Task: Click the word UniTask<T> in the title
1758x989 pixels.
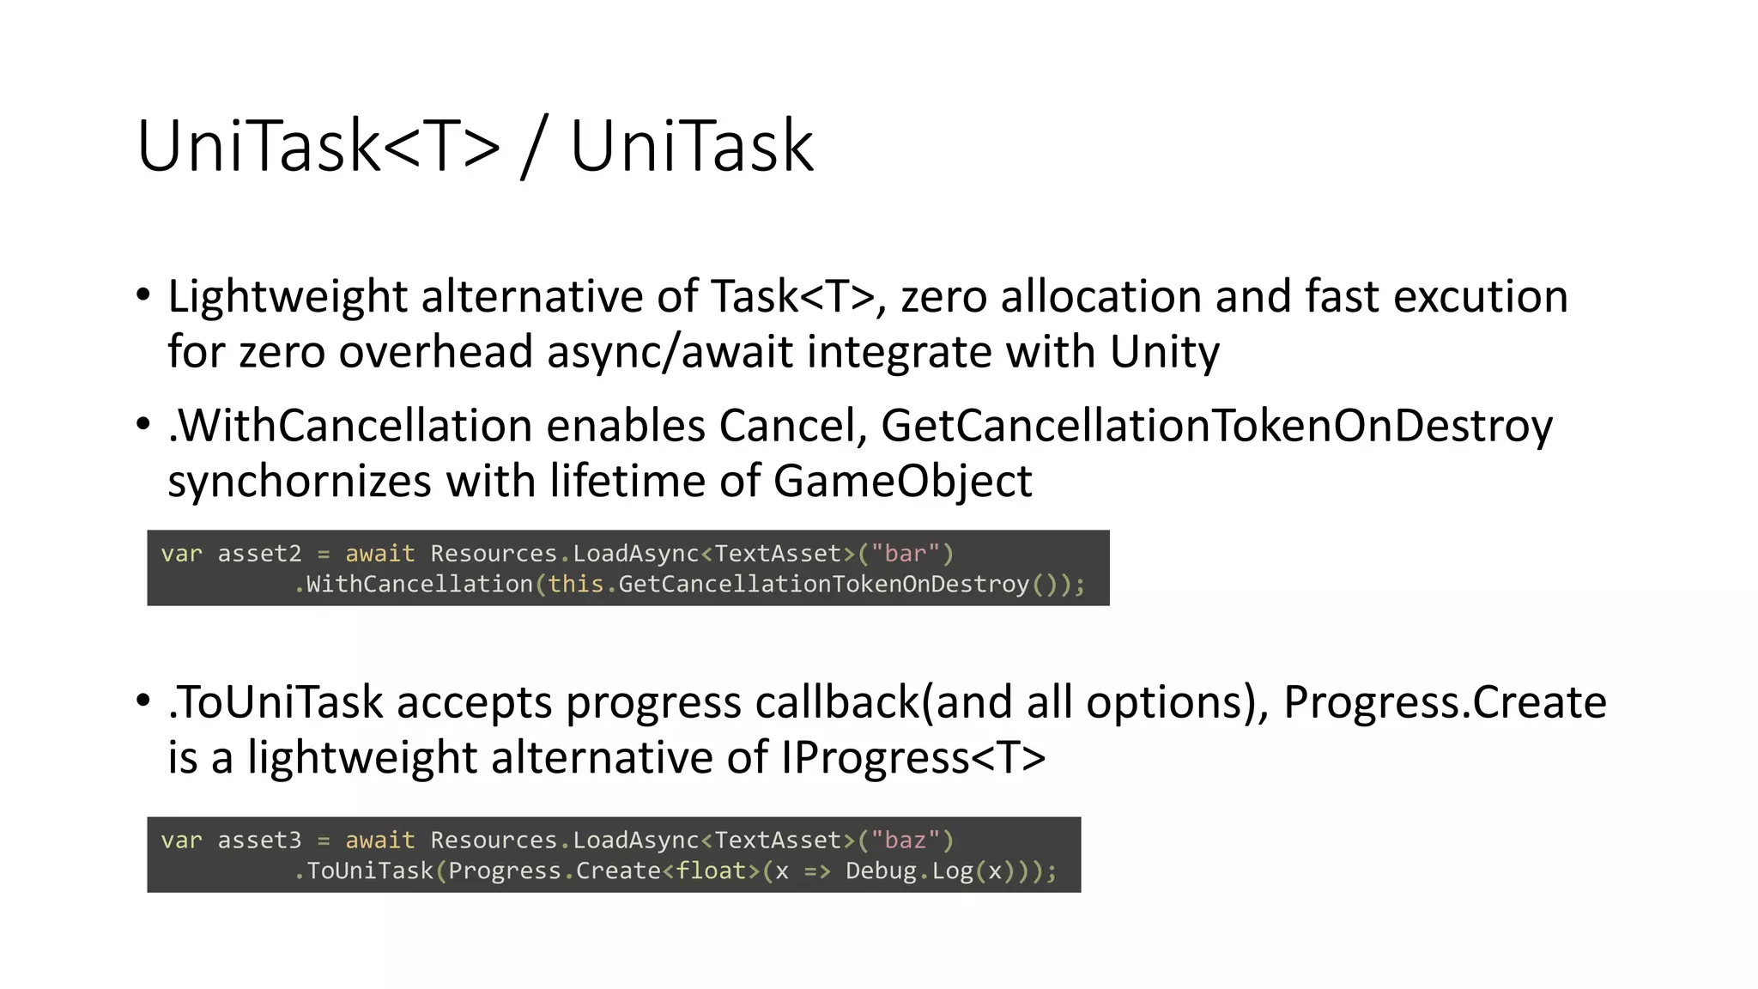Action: (318, 146)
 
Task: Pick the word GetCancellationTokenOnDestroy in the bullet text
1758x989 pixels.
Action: (1216, 426)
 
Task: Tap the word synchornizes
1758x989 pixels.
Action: (300, 481)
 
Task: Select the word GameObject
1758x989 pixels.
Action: (902, 481)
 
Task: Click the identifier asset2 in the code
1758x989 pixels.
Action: (259, 554)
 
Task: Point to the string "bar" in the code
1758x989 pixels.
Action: (906, 554)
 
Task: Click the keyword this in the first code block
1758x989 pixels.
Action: (576, 585)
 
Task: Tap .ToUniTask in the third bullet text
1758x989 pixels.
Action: (275, 702)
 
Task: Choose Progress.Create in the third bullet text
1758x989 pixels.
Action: (1445, 702)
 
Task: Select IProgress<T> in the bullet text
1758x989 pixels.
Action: (913, 758)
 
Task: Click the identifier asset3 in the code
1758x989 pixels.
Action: (259, 840)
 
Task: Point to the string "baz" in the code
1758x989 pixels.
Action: (906, 840)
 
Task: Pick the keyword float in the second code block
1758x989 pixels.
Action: (711, 871)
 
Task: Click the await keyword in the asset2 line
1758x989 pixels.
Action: (379, 554)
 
